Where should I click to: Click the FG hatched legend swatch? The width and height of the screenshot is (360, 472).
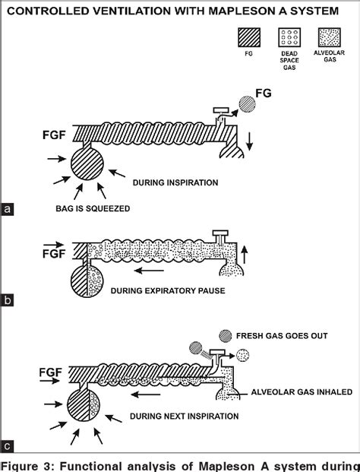[x=249, y=37]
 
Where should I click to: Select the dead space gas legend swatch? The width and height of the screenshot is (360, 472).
[x=289, y=37]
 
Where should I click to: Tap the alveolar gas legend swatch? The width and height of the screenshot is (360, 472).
[x=330, y=37]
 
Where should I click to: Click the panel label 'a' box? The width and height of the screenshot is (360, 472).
[x=7, y=209]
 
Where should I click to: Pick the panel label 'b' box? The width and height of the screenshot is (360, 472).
[x=7, y=300]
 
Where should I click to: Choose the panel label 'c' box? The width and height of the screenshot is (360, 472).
[x=7, y=446]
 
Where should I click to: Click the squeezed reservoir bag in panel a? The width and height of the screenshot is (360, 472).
[x=87, y=164]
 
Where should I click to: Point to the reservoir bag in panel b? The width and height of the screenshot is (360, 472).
[x=87, y=281]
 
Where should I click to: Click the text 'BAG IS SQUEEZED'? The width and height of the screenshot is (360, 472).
[x=93, y=208]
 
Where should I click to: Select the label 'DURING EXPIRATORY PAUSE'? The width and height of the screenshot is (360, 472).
[x=168, y=291]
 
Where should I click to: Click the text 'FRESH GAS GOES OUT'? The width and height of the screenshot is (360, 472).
[x=282, y=336]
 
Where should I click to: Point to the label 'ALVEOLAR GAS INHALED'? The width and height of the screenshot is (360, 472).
[x=302, y=392]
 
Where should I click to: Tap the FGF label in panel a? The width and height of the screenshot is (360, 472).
[x=54, y=135]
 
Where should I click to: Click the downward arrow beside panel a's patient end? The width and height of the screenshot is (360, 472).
[x=249, y=141]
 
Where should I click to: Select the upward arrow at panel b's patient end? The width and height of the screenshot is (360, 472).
[x=245, y=255]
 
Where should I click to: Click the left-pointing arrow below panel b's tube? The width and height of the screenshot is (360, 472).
[x=149, y=271]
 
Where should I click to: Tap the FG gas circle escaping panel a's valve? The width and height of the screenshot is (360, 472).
[x=248, y=104]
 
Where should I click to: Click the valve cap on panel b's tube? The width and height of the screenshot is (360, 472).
[x=220, y=233]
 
